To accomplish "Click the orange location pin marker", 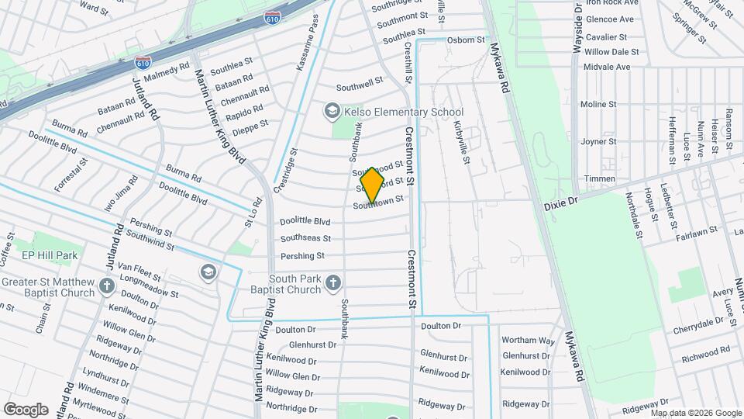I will pos(373,184).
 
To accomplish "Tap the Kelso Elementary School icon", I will pos(332,112).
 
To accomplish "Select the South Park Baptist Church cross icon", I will pos(333,283).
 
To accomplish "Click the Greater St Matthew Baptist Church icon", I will pos(107,288).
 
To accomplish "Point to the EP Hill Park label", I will pos(50,255).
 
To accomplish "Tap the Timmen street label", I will pos(600,178).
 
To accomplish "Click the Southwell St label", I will pos(359,81).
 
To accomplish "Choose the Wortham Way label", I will pos(528,341).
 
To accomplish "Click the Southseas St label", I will pos(305,238).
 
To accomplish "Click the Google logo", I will pos(26,409).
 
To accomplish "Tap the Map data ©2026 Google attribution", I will pos(696,413).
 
